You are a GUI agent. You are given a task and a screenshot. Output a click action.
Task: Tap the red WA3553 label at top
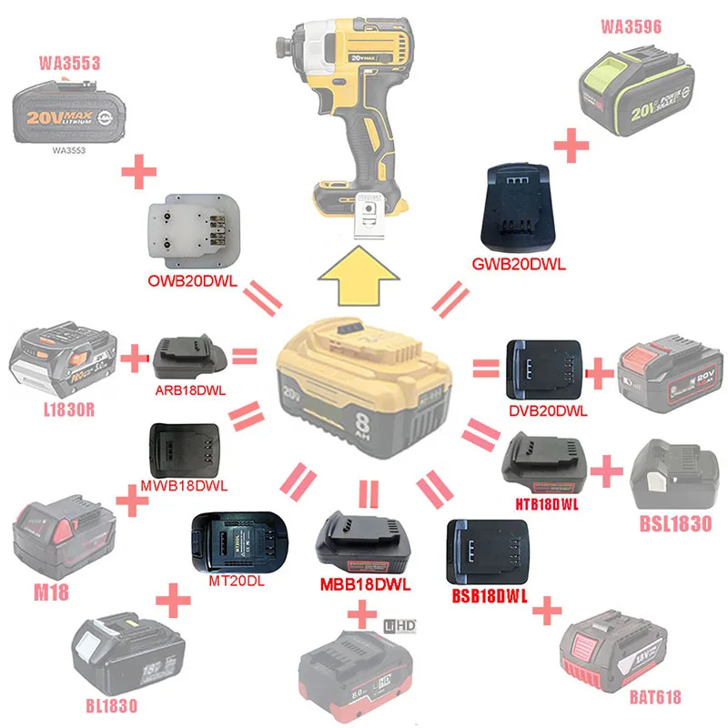(69, 64)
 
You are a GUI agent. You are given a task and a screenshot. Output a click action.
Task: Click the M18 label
(53, 592)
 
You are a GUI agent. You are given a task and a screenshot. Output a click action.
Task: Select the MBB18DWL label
(366, 583)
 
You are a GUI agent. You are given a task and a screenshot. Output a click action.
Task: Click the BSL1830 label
(670, 525)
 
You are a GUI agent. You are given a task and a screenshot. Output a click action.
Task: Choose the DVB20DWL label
(548, 410)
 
